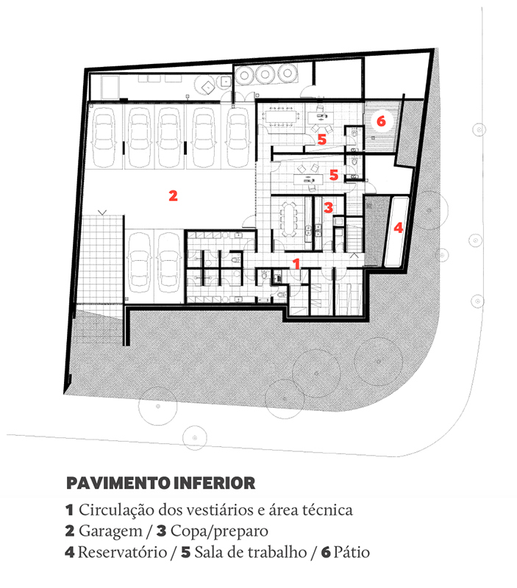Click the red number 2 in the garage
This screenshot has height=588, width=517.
(x=173, y=196)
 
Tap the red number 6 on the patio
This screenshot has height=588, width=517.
(x=381, y=121)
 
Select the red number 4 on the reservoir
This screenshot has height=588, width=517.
(x=398, y=227)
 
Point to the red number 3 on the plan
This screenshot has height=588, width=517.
(x=328, y=207)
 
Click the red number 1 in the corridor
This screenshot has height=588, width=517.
(x=296, y=264)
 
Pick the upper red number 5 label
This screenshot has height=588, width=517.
(x=322, y=140)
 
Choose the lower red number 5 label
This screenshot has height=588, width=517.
(x=334, y=175)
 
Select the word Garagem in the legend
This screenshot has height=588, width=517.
(x=110, y=531)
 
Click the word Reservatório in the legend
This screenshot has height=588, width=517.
(x=122, y=553)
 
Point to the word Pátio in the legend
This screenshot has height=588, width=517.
(x=352, y=553)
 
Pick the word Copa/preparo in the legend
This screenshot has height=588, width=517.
(x=219, y=531)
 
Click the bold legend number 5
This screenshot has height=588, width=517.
(x=186, y=553)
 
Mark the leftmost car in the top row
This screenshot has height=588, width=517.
(x=104, y=137)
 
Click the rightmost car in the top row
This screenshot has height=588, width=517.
(x=238, y=137)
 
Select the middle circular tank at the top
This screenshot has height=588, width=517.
(x=265, y=74)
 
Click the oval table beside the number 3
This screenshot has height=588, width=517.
(x=288, y=219)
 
